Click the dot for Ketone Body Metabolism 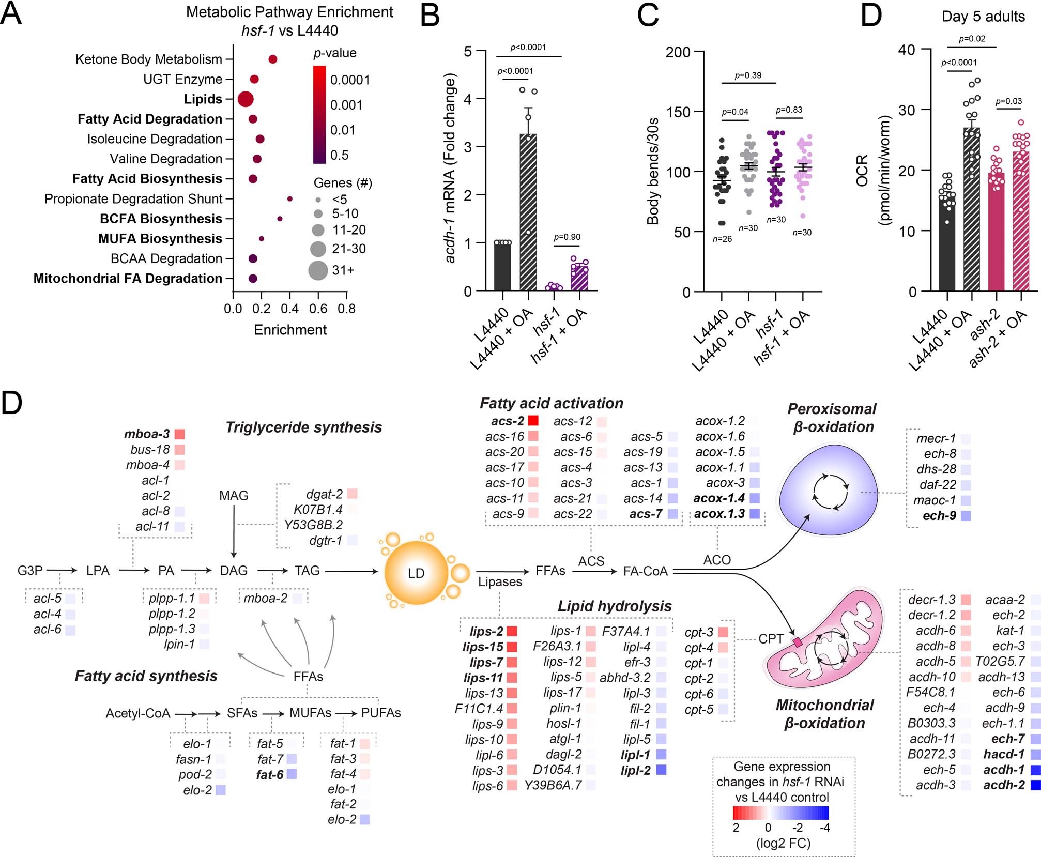click(x=273, y=59)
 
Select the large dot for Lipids click(x=246, y=99)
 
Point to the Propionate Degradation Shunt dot click(x=290, y=198)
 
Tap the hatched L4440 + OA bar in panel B click(x=528, y=212)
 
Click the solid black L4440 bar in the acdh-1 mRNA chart click(x=502, y=266)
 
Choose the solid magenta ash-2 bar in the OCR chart click(x=997, y=233)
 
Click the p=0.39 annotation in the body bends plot click(x=748, y=75)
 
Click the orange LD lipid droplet click(x=416, y=573)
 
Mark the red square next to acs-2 click(x=533, y=421)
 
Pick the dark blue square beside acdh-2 click(x=1035, y=785)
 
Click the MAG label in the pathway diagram click(x=234, y=496)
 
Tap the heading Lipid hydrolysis click(x=614, y=606)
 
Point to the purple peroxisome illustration click(x=830, y=491)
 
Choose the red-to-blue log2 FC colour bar click(x=780, y=813)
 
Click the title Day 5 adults click(x=983, y=17)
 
